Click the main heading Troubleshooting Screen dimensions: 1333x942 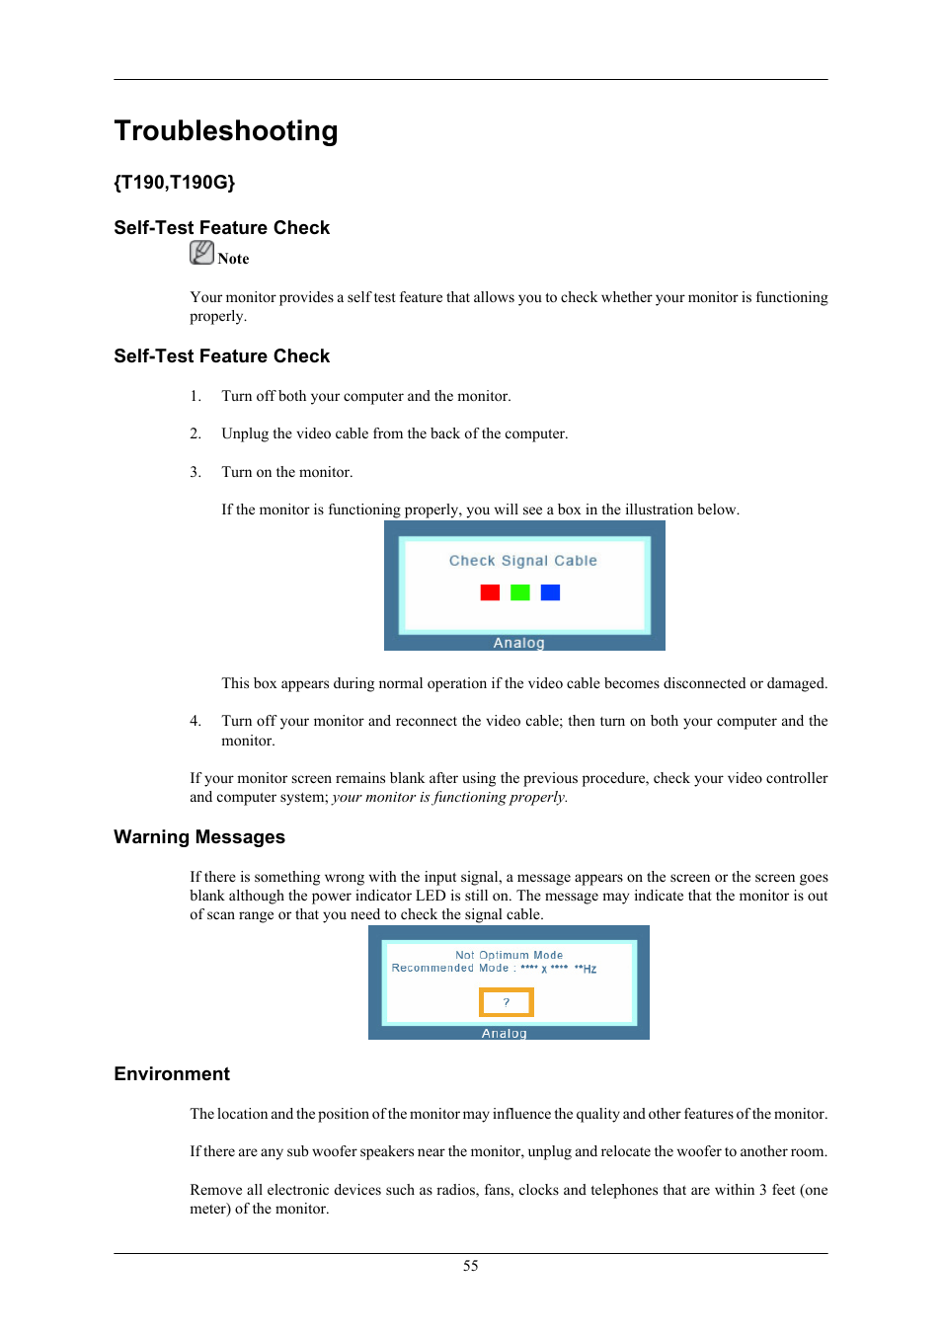point(226,131)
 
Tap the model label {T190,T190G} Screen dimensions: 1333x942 point(174,183)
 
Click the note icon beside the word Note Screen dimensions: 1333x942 point(201,254)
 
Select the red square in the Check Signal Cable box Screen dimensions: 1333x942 point(490,592)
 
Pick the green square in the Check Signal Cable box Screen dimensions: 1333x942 point(520,592)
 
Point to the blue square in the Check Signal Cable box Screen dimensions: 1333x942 point(550,592)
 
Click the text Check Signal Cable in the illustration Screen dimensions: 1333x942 point(522,561)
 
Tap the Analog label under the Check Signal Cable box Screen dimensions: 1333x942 point(518,643)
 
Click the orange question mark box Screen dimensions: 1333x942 point(507,1002)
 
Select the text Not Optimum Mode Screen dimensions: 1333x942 point(509,955)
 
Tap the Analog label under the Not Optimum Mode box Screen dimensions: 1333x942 point(504,1034)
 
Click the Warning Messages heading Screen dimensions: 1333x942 point(199,837)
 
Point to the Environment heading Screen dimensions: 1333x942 point(172,1074)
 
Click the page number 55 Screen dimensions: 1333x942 point(471,1266)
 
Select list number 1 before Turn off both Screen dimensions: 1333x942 point(196,396)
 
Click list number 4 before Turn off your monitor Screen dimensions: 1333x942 point(196,721)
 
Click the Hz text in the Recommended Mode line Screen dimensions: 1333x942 point(589,969)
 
